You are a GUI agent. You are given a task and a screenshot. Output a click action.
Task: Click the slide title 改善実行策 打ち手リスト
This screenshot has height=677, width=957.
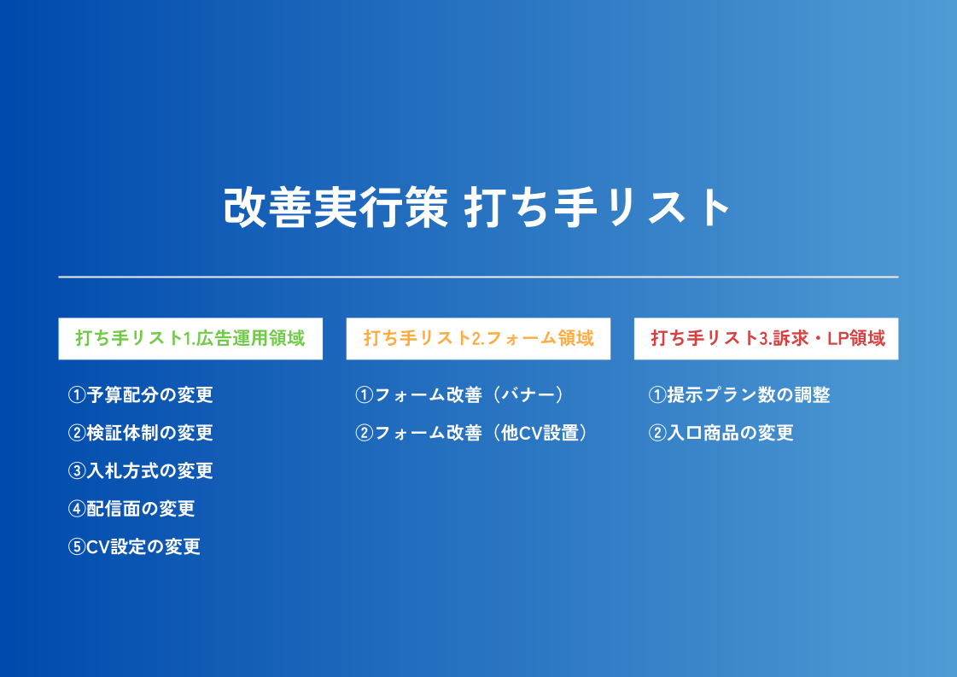click(477, 207)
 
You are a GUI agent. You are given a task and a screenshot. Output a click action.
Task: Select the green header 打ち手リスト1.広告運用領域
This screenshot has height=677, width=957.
click(190, 338)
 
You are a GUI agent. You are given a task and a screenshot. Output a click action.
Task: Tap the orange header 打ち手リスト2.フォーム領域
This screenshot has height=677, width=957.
click(478, 338)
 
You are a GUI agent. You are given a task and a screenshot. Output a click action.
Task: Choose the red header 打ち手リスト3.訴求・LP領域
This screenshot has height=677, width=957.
click(767, 338)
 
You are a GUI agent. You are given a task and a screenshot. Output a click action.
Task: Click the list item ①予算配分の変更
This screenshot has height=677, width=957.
click(140, 395)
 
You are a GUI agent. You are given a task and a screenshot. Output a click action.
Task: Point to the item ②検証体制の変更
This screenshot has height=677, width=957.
click(140, 433)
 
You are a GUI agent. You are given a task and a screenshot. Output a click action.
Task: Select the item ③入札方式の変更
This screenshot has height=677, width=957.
click(140, 470)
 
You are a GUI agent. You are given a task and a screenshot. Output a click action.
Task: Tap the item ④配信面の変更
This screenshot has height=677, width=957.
click(131, 509)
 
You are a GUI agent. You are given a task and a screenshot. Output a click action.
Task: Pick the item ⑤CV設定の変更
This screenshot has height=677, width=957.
click(134, 546)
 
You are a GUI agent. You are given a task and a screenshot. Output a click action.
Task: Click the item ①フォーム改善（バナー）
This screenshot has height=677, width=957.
click(461, 395)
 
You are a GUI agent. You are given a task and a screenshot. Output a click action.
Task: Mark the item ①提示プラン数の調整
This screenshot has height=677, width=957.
click(739, 395)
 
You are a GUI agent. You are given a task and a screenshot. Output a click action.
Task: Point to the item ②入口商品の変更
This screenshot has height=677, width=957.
click(721, 433)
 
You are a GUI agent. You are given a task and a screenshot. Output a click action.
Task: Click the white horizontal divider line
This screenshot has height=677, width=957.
click(478, 277)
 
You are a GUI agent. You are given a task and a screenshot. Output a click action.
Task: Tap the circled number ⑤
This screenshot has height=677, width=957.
click(77, 546)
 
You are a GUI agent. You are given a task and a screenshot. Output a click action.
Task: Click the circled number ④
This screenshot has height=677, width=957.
click(77, 509)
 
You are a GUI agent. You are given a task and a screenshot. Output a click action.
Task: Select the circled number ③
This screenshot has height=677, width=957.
click(77, 470)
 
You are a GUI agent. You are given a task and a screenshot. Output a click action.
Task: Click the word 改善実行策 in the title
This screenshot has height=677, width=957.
click(336, 207)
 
